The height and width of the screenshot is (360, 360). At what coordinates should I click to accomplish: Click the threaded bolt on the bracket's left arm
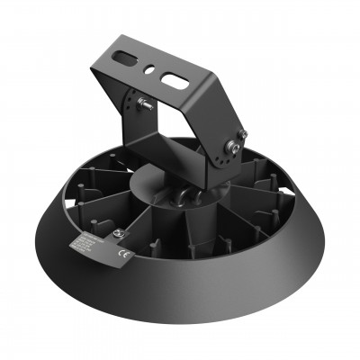click(142, 104)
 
